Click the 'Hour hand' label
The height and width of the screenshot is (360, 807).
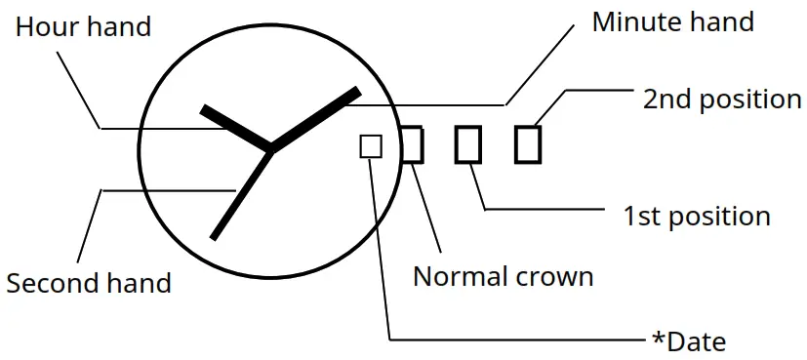click(83, 25)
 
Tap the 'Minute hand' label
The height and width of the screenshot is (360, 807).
click(673, 21)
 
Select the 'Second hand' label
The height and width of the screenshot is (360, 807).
click(89, 283)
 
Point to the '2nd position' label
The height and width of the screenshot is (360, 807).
click(722, 99)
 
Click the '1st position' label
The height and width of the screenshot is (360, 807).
click(697, 216)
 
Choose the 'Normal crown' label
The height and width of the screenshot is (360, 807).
click(503, 276)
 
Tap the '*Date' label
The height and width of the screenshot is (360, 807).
click(689, 341)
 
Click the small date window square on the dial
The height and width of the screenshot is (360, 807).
click(371, 145)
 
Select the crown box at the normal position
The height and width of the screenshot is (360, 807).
click(412, 144)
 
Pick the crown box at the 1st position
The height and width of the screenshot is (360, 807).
click(468, 144)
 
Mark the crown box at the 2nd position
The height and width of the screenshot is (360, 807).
click(528, 144)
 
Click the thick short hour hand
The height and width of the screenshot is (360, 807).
click(234, 127)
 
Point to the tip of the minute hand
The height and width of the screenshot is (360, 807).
click(357, 92)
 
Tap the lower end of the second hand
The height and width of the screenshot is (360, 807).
click(214, 236)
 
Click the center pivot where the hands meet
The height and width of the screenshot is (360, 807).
click(269, 149)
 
